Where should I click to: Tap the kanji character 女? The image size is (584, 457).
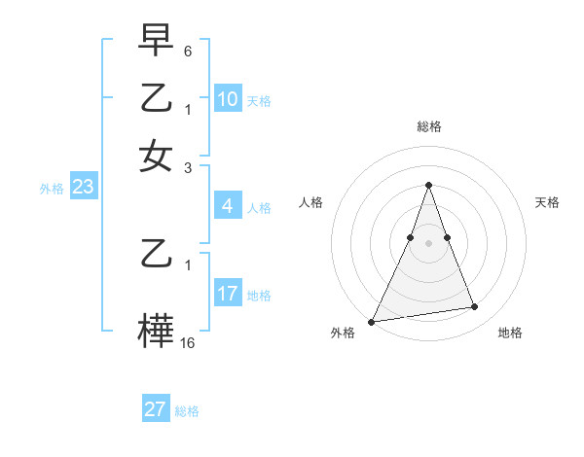pos(156,156)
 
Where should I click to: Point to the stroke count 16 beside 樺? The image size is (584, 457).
pos(188,342)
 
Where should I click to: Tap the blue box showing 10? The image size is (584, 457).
pos(227,99)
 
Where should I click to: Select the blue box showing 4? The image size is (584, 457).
pos(227,206)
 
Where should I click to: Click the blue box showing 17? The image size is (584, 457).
pos(227,294)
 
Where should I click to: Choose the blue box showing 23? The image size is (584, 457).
pos(83,188)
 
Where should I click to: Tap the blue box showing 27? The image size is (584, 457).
pos(156,409)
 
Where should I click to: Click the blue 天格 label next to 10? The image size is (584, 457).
pos(258,100)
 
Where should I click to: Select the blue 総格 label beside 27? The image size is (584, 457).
pos(187,410)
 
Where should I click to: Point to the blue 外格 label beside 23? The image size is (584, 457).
pos(52,189)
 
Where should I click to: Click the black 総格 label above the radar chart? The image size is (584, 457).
pos(428,126)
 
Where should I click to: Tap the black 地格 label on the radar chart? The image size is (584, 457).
pos(510,333)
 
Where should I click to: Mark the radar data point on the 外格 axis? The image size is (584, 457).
pos(372,321)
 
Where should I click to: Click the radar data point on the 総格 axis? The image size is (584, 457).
pos(428,185)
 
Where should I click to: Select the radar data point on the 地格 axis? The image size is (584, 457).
pos(475,307)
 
